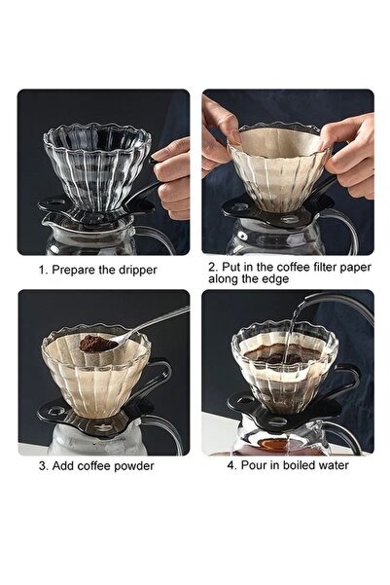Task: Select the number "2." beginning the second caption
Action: tap(211, 265)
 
